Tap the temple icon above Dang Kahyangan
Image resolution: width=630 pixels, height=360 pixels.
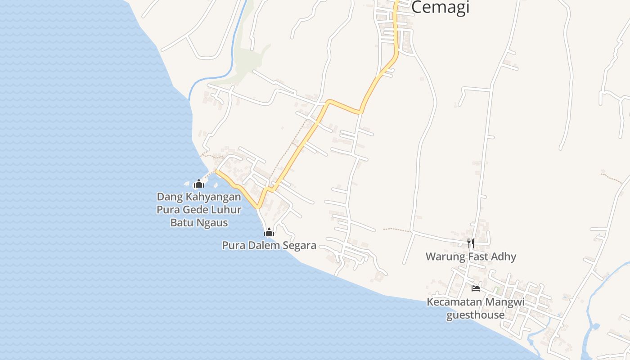click(x=199, y=184)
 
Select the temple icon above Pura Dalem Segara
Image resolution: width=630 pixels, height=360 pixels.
click(x=269, y=232)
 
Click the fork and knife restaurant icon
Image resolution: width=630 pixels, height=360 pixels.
click(x=471, y=243)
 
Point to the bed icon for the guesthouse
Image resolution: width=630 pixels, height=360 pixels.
click(x=476, y=288)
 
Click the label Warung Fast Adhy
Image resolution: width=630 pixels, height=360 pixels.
click(x=471, y=256)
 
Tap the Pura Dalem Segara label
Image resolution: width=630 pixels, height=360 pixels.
click(x=269, y=245)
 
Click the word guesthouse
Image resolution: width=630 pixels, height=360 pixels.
click(x=475, y=315)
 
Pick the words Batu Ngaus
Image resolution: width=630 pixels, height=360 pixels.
click(x=199, y=222)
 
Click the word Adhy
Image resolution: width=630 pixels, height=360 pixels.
click(x=504, y=256)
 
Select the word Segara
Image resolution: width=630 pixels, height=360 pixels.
click(x=299, y=245)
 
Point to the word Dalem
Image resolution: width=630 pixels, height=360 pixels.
click(x=265, y=245)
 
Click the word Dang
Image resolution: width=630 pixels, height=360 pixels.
click(x=167, y=197)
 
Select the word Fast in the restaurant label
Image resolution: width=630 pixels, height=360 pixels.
click(x=478, y=256)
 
